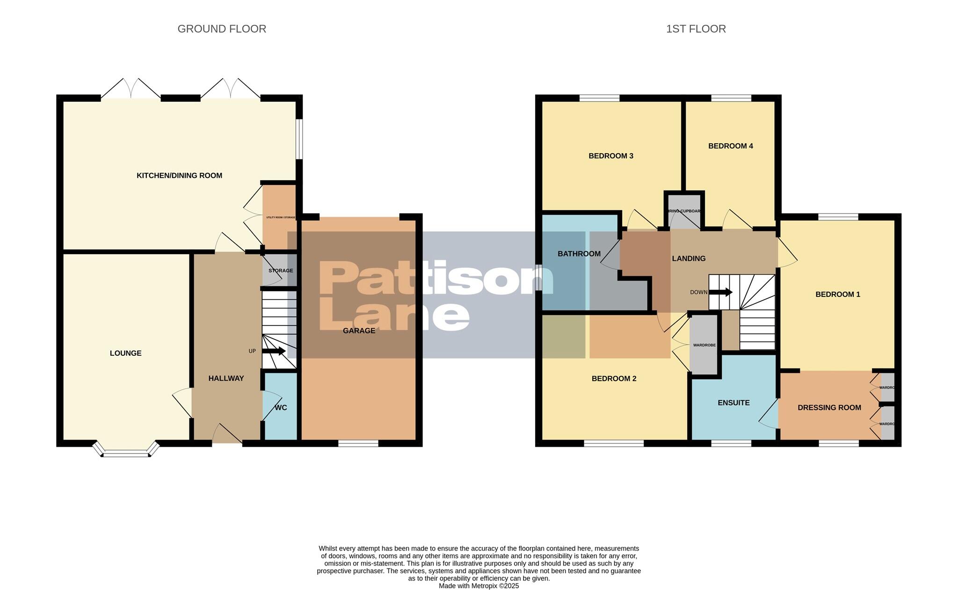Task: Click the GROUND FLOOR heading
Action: click(222, 29)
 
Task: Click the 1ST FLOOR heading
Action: click(696, 29)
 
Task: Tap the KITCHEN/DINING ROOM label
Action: click(179, 176)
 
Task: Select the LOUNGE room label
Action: click(125, 353)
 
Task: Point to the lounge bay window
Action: click(126, 452)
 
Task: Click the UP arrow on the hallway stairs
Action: click(274, 351)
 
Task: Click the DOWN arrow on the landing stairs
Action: click(721, 292)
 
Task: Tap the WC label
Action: click(281, 407)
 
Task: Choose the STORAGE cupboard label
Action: click(281, 271)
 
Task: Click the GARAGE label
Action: click(359, 331)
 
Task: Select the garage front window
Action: click(358, 443)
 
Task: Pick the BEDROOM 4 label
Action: click(730, 146)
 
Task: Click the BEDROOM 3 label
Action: click(610, 156)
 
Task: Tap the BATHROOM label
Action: click(579, 254)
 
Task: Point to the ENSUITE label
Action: click(733, 403)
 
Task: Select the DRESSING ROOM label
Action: click(829, 408)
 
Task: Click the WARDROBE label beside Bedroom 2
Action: click(704, 345)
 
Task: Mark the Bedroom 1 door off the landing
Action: click(787, 253)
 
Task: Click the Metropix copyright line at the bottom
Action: click(479, 586)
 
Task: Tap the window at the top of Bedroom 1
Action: click(838, 217)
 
